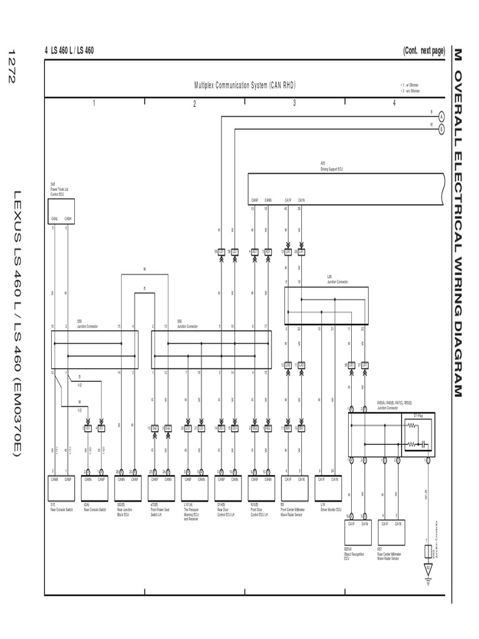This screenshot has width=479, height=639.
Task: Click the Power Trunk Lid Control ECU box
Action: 62,210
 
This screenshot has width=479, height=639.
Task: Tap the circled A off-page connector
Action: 441,116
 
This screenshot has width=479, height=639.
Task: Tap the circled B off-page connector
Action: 441,129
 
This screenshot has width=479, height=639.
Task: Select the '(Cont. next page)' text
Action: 423,51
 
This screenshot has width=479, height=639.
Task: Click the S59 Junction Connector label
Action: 84,325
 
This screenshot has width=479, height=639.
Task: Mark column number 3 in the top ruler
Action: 294,104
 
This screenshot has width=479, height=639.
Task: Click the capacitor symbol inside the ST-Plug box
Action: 422,444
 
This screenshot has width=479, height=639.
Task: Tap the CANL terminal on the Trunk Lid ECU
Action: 54,218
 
